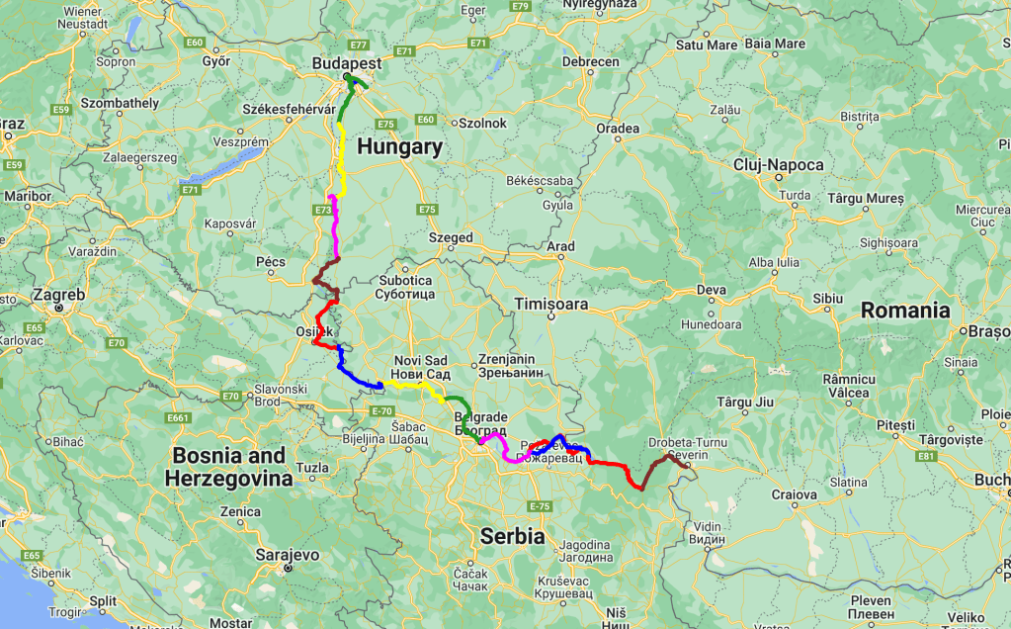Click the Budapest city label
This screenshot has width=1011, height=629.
pos(346,62)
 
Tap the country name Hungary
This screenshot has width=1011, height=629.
pos(399,147)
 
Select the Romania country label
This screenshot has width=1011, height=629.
pos(904,311)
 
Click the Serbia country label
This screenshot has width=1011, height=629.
pos(512,536)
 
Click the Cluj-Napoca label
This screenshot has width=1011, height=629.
pos(778,165)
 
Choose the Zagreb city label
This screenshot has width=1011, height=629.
pos(58,295)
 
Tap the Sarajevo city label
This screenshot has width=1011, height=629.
pos(288,555)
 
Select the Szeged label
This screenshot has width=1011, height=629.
pos(451,238)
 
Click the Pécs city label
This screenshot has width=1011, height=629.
pos(270,262)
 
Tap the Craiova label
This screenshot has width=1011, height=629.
pos(794,494)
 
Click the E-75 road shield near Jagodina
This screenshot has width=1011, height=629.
pos(539,506)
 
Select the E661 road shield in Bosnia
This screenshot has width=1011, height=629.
pos(179,418)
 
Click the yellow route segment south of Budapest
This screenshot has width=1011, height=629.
pos(343,158)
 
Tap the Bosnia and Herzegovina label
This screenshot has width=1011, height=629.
pos(228,467)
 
